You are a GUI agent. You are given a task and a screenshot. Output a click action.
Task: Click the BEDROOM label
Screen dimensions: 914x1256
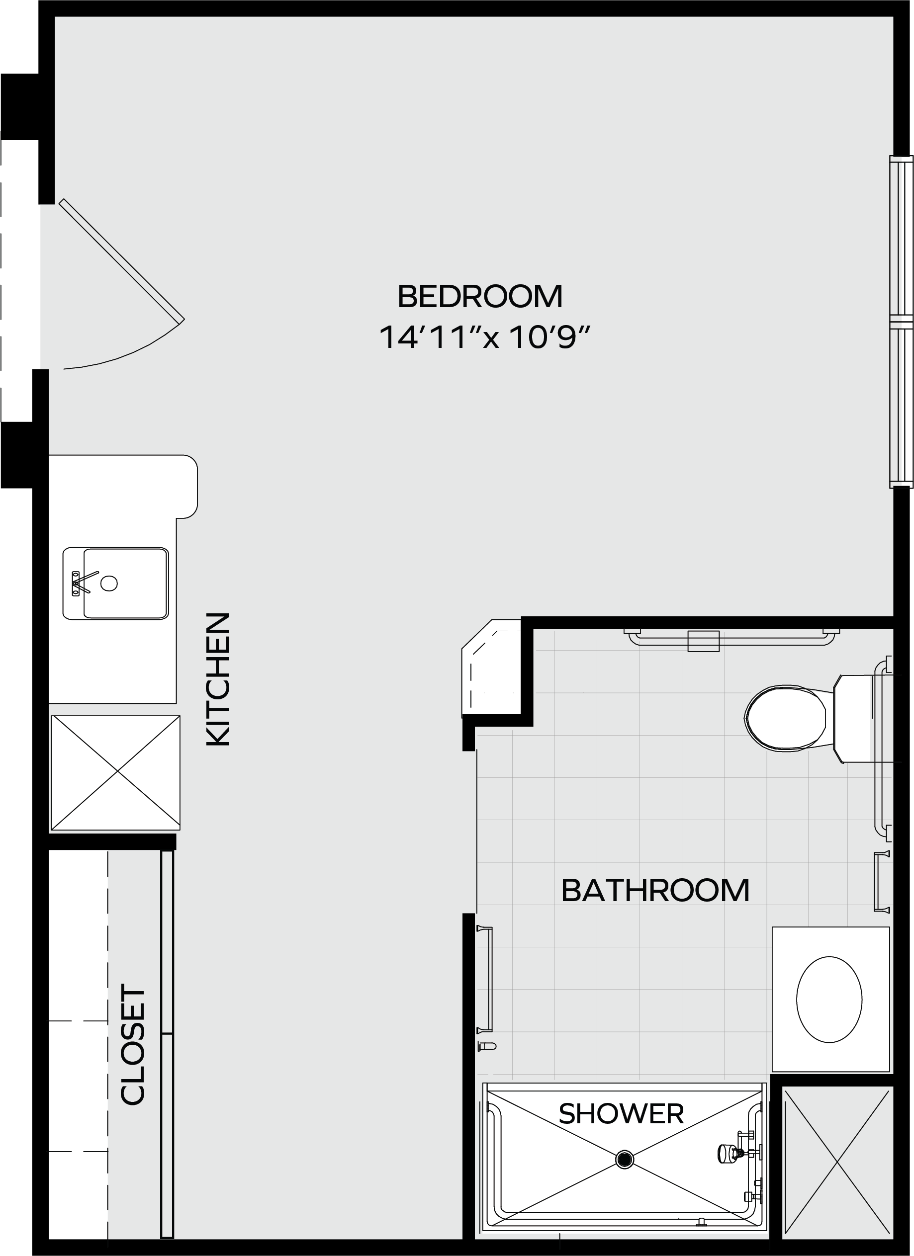(x=480, y=296)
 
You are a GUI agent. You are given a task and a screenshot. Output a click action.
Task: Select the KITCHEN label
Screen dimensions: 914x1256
(x=218, y=679)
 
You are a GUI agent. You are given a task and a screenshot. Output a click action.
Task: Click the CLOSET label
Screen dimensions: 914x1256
(x=132, y=1044)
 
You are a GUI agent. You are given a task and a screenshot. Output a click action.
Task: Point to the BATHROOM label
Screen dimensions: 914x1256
(x=655, y=891)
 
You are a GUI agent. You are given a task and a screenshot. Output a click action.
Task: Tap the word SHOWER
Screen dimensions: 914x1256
(x=621, y=1114)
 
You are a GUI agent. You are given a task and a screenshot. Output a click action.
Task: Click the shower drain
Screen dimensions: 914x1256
(x=625, y=1159)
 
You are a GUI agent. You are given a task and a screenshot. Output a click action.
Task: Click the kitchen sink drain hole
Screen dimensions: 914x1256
(x=109, y=583)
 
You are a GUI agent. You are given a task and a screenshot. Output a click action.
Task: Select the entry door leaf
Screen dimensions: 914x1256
(x=122, y=260)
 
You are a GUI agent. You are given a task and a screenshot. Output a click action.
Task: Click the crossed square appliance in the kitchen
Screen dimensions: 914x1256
(x=115, y=772)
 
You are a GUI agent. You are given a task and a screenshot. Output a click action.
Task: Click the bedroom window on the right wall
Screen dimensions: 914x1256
(x=901, y=322)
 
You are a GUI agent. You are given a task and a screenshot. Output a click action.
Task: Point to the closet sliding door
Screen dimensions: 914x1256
(x=167, y=1044)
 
